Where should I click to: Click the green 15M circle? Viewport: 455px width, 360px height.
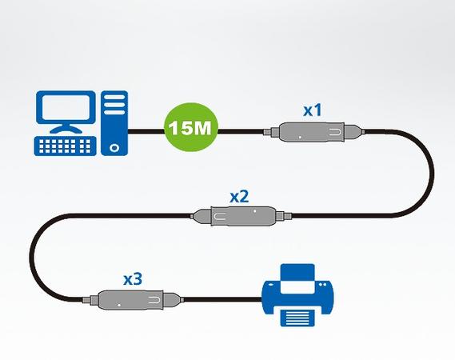coord(191,128)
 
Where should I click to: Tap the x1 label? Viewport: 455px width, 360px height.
coord(313,110)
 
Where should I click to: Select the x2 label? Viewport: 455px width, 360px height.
coord(239,196)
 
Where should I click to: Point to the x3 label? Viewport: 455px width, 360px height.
coord(133,279)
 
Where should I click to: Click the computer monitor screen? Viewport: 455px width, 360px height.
coord(66,107)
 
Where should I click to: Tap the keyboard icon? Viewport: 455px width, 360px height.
coord(66,146)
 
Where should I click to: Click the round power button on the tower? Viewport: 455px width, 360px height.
coord(114,147)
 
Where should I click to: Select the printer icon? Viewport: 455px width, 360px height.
coord(297,295)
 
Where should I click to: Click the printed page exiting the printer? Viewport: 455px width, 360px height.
coord(297,318)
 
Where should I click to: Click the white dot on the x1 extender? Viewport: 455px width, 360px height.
coord(300,137)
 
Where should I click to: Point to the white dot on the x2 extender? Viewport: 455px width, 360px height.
coord(255,211)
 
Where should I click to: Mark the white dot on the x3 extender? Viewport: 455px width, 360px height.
coord(119,305)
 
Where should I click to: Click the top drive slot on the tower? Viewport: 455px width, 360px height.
coord(114,97)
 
